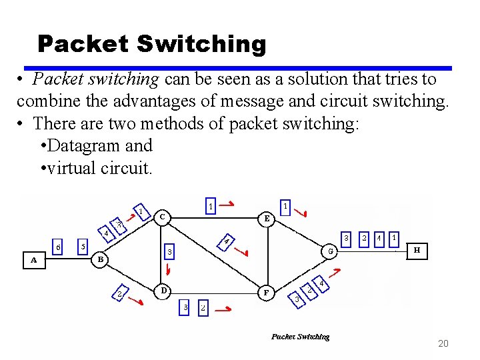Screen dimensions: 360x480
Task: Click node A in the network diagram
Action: tap(33, 261)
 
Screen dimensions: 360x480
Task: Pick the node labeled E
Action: tap(267, 217)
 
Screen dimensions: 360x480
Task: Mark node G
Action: tap(329, 251)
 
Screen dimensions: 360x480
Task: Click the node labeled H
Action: tap(417, 251)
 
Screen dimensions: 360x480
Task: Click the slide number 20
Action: tap(443, 343)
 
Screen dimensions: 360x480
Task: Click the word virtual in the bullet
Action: tap(70, 167)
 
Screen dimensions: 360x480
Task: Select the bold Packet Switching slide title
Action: tap(152, 44)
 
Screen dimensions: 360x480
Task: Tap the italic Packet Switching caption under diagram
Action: tap(300, 337)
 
